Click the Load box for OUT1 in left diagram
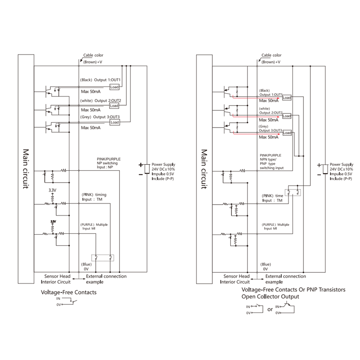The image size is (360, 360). (x=114, y=87)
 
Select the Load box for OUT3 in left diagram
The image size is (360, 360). (x=114, y=122)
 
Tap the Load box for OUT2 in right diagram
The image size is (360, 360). (x=287, y=116)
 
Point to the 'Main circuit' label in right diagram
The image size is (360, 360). (x=204, y=169)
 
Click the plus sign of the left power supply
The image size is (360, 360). (x=140, y=165)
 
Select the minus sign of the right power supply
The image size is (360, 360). (x=319, y=175)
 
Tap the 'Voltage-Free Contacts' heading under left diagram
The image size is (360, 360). (x=69, y=292)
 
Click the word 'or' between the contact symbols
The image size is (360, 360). (x=270, y=309)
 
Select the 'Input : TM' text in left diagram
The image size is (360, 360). (x=92, y=199)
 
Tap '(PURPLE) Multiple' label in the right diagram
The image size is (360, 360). (x=275, y=224)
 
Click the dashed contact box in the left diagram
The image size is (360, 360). (x=103, y=257)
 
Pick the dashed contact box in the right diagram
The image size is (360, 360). (x=294, y=192)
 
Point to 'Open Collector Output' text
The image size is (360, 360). (x=270, y=297)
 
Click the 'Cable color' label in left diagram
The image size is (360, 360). (x=93, y=55)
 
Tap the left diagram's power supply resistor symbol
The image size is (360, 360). (x=147, y=168)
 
